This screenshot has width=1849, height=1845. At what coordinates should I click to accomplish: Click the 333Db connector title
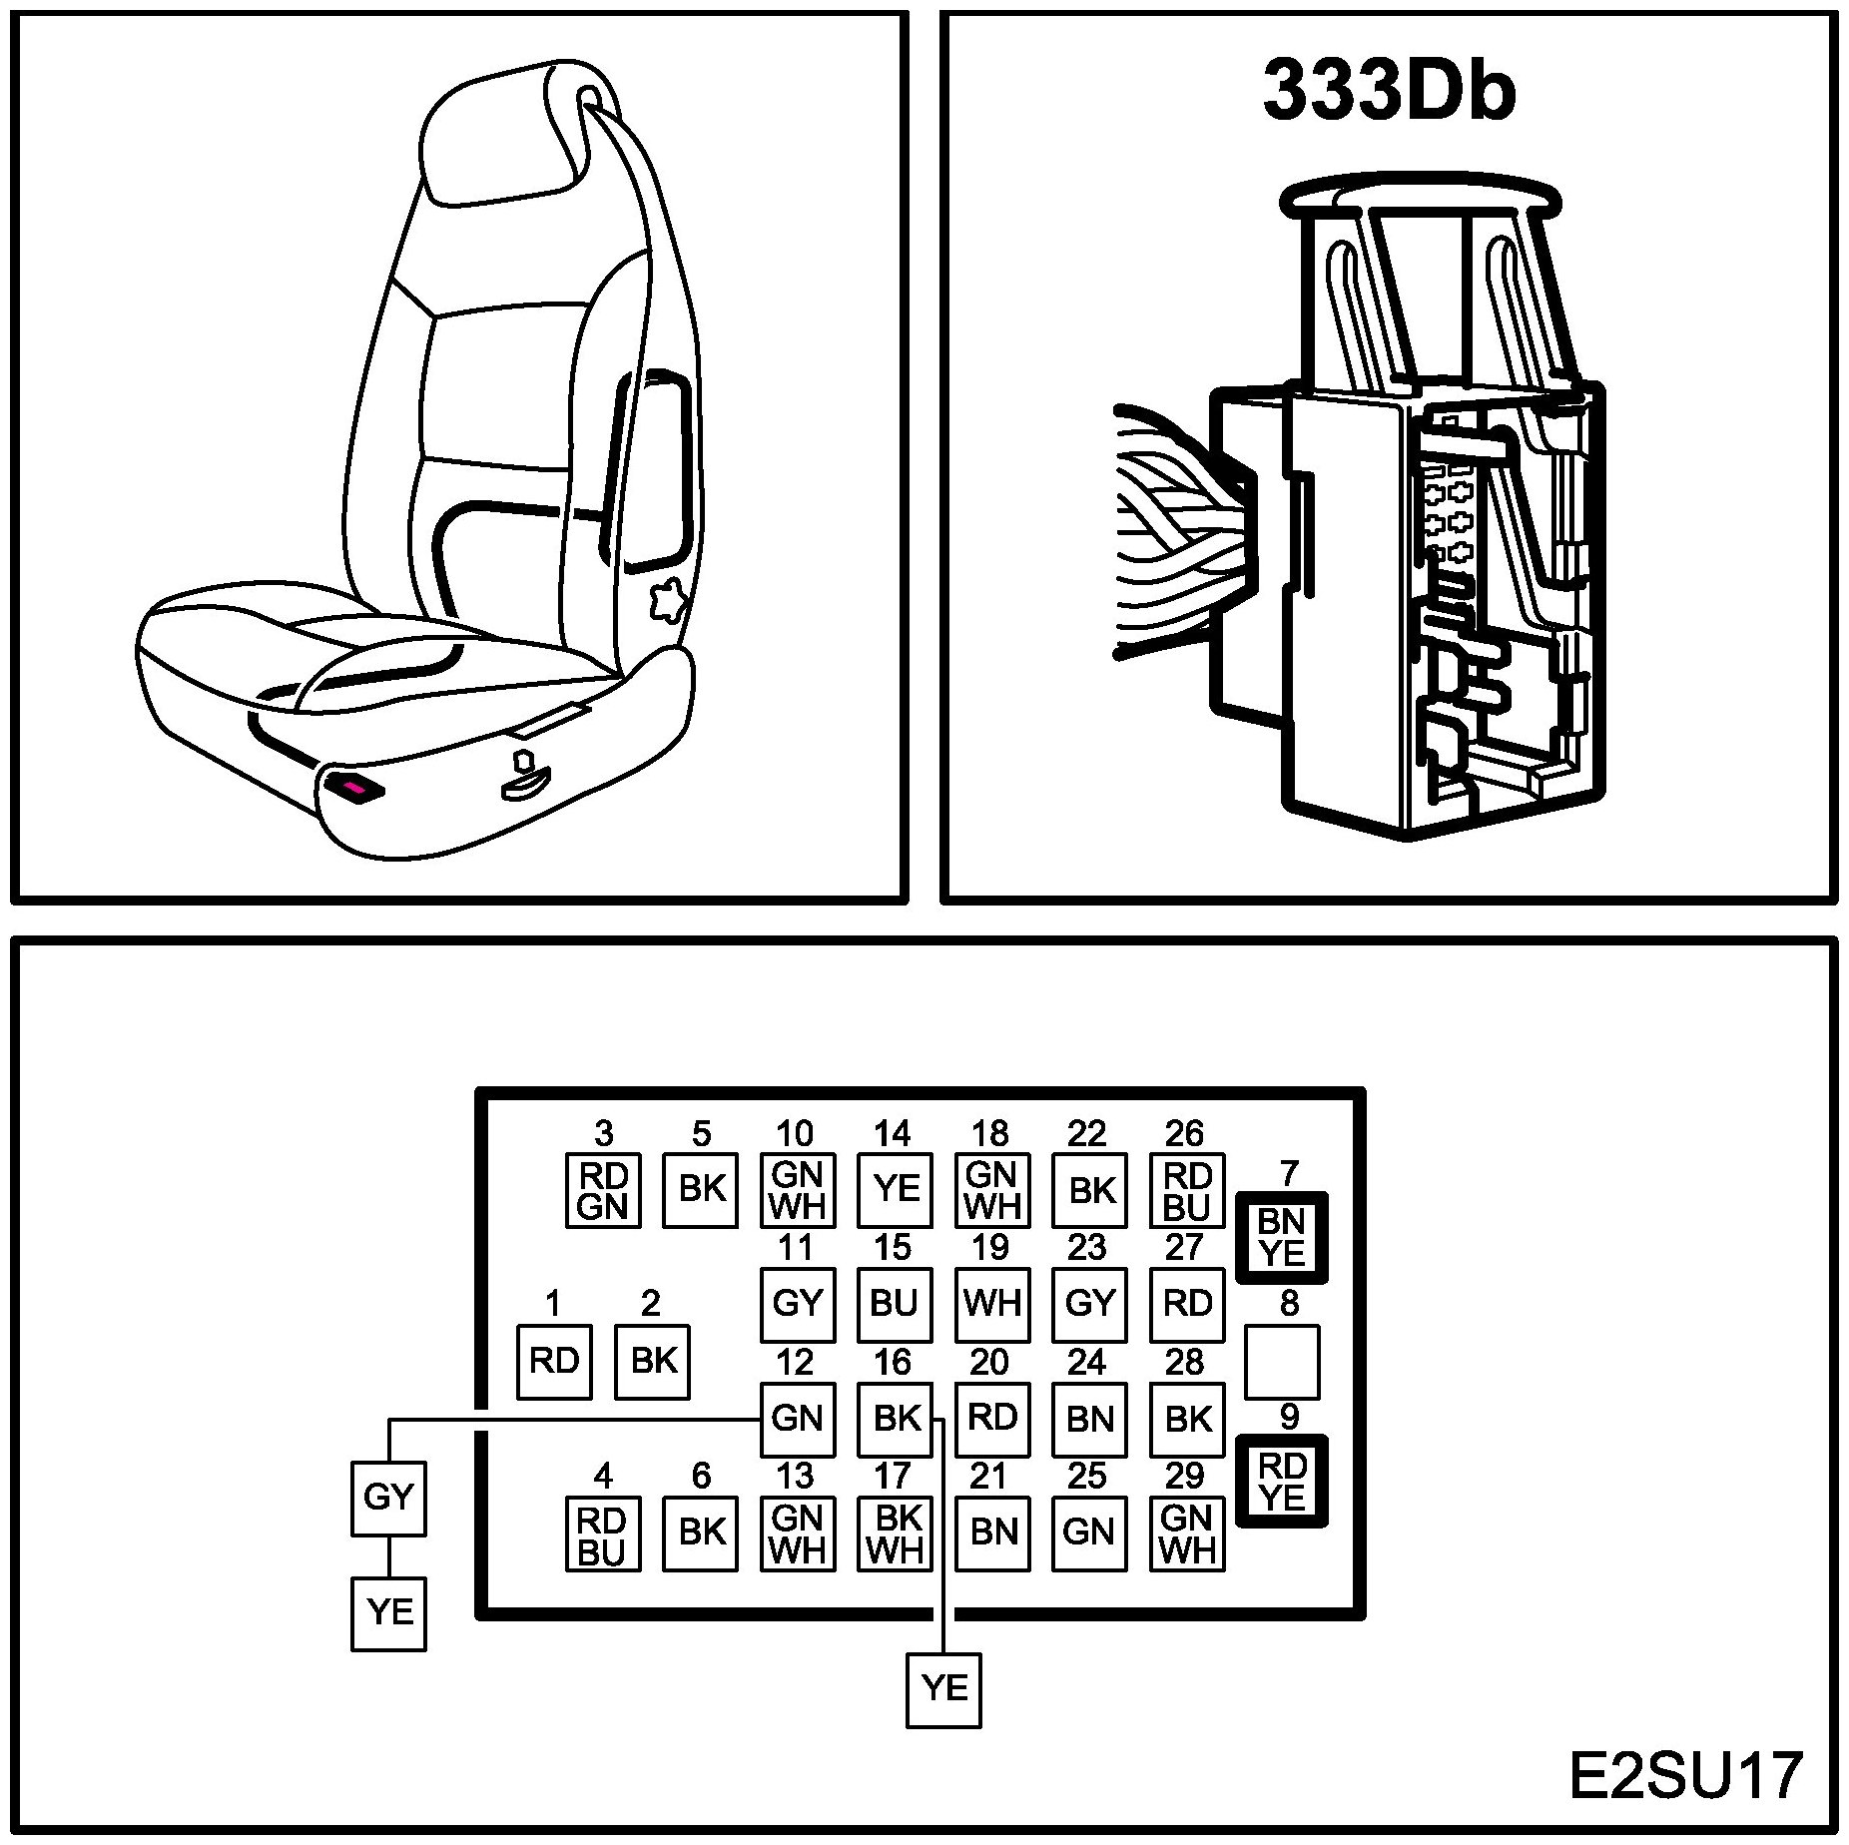(x=1389, y=92)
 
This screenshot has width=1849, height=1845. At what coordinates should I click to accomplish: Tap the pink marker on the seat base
(x=355, y=788)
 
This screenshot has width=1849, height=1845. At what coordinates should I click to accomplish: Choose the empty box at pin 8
(x=1282, y=1362)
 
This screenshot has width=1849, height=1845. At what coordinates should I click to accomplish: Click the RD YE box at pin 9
(x=1282, y=1482)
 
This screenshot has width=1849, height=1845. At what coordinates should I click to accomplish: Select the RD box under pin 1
(x=554, y=1361)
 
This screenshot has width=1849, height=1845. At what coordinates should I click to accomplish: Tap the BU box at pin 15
(x=895, y=1304)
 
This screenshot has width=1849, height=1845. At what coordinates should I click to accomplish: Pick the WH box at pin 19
(x=992, y=1304)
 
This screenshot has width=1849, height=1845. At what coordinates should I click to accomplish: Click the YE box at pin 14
(x=895, y=1189)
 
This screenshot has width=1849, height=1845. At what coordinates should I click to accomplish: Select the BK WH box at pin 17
(x=895, y=1534)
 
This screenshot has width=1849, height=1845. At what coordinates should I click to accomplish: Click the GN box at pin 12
(x=797, y=1419)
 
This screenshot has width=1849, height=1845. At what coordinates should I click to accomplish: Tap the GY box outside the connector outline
(x=388, y=1498)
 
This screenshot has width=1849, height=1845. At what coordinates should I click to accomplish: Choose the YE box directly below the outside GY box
(x=388, y=1612)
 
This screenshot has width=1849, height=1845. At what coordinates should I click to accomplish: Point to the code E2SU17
(x=1685, y=1776)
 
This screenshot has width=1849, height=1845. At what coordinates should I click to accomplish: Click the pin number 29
(x=1185, y=1476)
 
